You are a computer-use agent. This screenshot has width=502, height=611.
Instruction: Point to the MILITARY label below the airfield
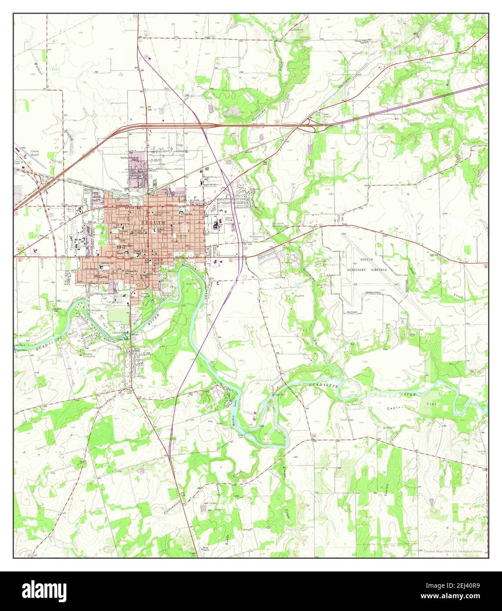[352, 312]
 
